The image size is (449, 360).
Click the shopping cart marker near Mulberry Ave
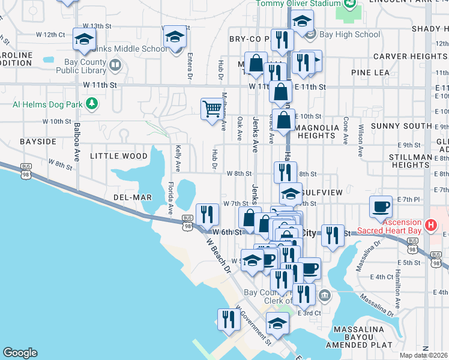pos(211,110)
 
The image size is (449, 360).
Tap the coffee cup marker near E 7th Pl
pos(380,207)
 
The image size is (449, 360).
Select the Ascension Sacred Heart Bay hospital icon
pos(430,226)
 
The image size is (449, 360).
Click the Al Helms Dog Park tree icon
pos(91,104)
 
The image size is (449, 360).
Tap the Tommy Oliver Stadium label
pos(291,4)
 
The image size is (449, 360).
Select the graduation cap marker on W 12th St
pos(84,40)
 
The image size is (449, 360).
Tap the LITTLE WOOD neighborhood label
pos(118,156)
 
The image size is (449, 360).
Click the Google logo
pos(20,353)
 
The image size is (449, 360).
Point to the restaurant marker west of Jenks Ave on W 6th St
pos(206,214)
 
